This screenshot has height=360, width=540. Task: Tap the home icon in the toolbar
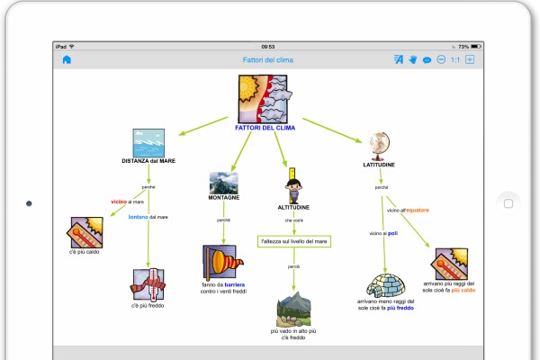point(67,60)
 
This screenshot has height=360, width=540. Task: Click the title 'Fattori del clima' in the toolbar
point(267,60)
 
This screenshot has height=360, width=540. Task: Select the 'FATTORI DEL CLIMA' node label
point(265,128)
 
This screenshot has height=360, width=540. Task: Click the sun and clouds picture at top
point(264,98)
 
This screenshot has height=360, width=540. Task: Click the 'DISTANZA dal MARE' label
point(148,160)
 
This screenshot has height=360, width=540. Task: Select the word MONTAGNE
point(223,197)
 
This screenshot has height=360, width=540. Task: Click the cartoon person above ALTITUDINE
point(292,190)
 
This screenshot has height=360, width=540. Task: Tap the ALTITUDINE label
point(292,206)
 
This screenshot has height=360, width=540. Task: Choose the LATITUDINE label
point(379,166)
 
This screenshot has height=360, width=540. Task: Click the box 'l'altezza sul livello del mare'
point(293,241)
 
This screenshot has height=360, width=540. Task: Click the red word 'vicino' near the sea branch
point(119,202)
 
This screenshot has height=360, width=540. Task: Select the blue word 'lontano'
point(138,217)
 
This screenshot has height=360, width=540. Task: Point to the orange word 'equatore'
point(416,210)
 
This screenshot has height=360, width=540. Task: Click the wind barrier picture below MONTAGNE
point(223,263)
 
